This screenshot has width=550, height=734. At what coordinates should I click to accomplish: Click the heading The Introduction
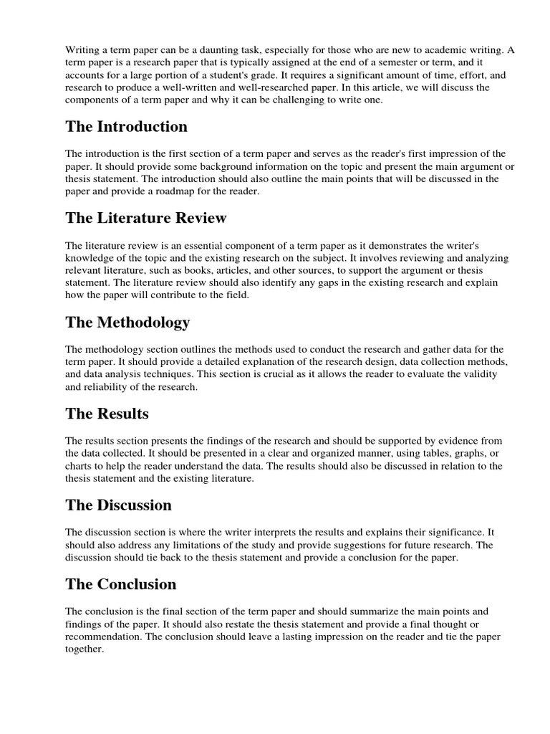click(126, 127)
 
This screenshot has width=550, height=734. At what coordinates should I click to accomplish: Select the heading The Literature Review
click(146, 218)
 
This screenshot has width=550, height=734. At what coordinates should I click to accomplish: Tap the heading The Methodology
click(127, 323)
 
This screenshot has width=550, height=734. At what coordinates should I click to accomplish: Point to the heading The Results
click(107, 414)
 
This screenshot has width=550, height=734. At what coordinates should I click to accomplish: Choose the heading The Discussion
click(118, 505)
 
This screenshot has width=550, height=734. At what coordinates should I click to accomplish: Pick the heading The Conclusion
click(120, 584)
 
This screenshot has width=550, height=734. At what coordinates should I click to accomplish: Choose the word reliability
click(108, 387)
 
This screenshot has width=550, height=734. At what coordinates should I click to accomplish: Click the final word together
click(85, 649)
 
